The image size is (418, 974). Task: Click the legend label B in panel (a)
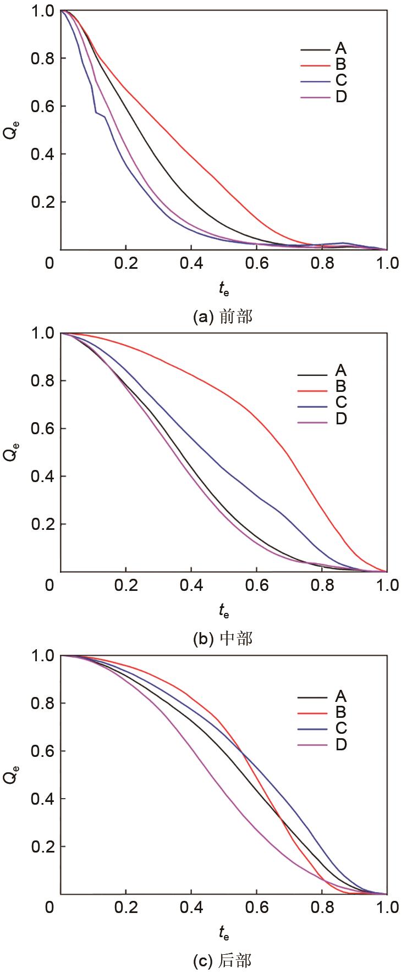[x=341, y=65]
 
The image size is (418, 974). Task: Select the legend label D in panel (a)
[x=341, y=97]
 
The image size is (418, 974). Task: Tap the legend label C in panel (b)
[x=341, y=402]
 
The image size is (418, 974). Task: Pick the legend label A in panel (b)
[x=341, y=371]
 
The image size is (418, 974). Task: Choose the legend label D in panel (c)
[x=341, y=744]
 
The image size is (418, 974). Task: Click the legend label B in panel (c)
[x=341, y=712]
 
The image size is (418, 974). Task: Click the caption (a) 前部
[x=223, y=317]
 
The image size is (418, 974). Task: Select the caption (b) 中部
[x=223, y=639]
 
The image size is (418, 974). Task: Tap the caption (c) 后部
[x=223, y=960]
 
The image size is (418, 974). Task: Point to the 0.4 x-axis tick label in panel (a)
[x=191, y=263]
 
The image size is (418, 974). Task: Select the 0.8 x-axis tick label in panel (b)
[x=322, y=585]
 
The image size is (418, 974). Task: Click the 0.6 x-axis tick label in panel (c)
[x=256, y=907]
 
